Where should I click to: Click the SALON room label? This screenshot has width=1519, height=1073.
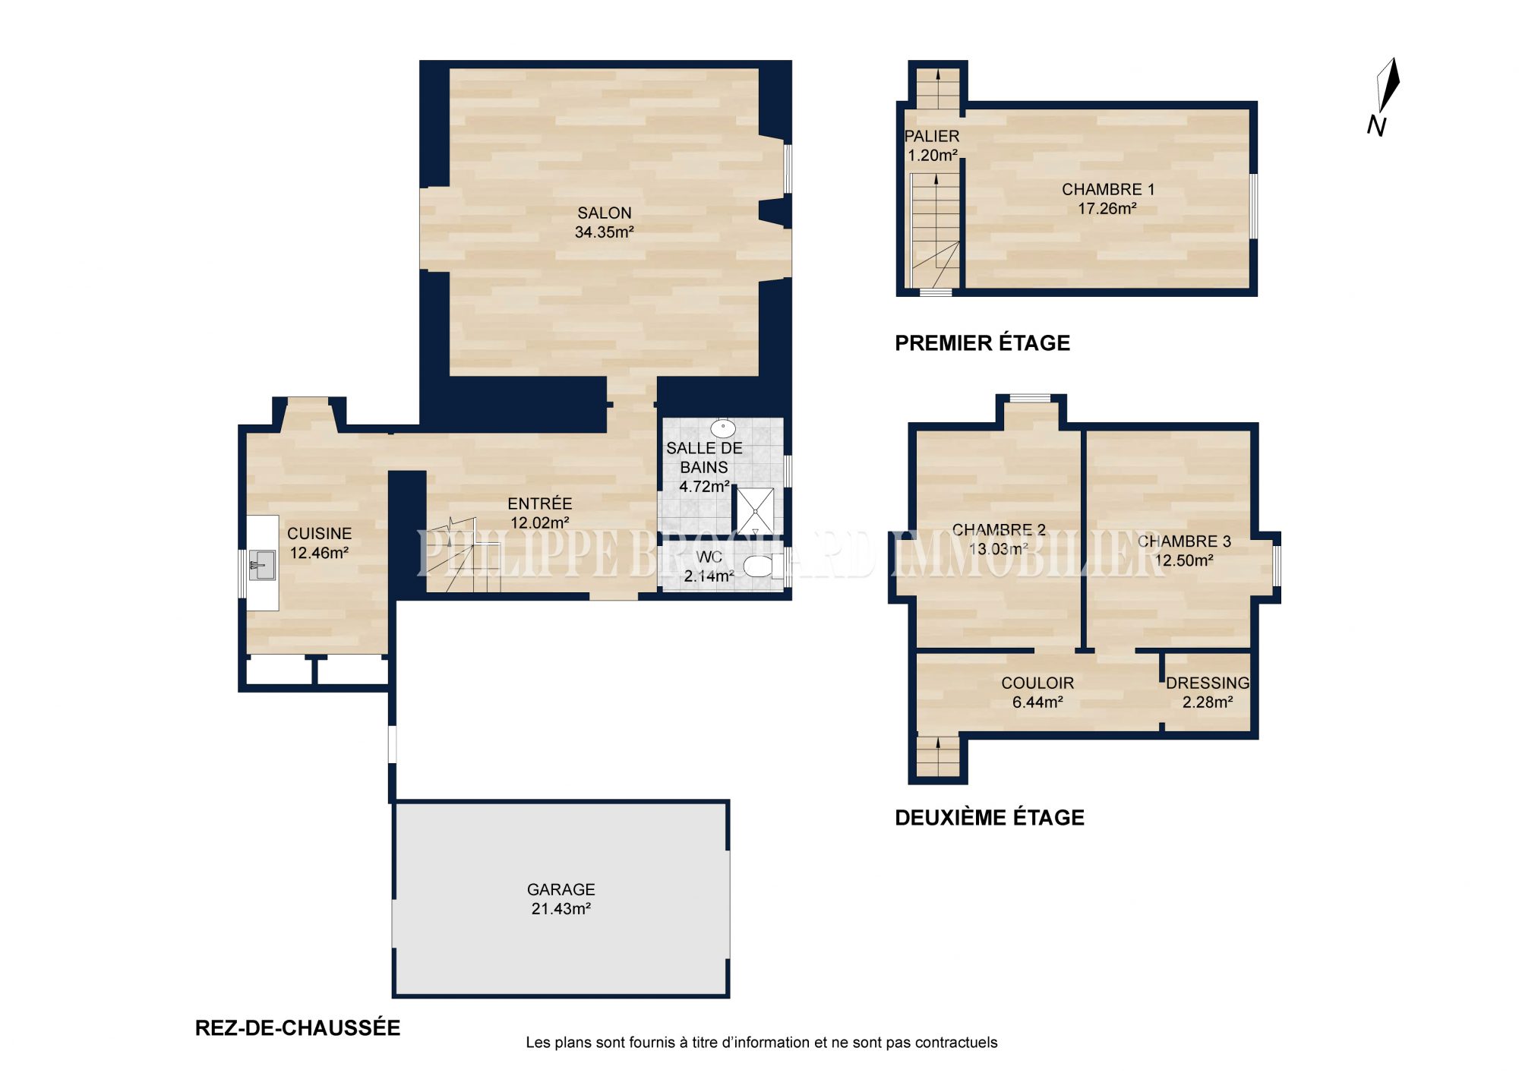point(604,213)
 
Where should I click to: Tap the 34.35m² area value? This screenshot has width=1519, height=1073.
point(604,232)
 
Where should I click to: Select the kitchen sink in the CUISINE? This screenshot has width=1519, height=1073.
point(262,565)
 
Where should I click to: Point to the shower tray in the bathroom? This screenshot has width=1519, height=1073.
point(755,511)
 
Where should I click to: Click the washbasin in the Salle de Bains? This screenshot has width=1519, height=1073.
point(722,428)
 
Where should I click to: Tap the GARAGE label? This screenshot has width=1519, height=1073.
point(561,889)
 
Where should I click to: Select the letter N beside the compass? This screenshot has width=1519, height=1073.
point(1376,126)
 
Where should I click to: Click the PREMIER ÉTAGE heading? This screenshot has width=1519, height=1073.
point(982,343)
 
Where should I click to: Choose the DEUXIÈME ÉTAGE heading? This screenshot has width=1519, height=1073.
point(990,818)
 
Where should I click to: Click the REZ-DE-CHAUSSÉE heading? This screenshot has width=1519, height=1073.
point(298,1028)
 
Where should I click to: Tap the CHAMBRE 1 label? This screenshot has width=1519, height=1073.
point(1108,190)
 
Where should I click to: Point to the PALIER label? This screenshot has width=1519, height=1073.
point(932,137)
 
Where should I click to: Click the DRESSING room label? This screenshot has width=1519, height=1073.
point(1208,683)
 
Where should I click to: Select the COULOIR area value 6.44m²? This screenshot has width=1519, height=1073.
point(1037,702)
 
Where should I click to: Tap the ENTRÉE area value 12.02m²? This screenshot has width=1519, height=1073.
point(540,522)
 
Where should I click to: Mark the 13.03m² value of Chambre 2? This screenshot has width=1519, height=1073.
point(999,548)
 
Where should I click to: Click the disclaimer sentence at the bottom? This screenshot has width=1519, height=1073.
point(762,1043)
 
